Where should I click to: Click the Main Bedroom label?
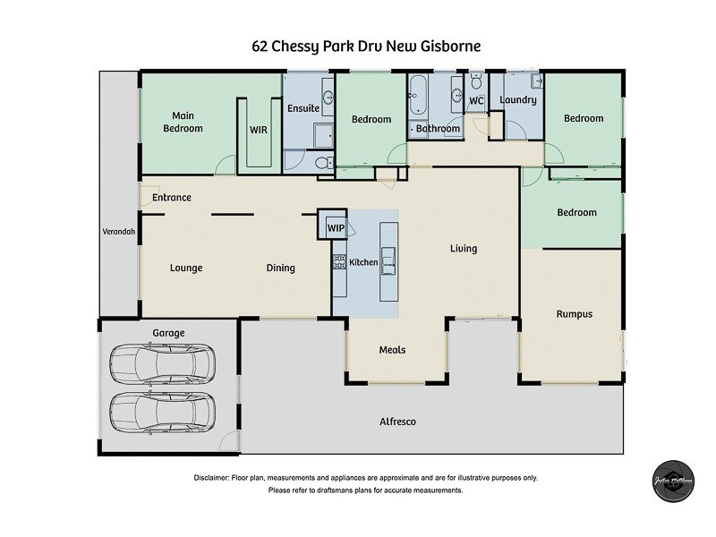tap(182, 122)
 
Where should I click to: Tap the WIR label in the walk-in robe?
tap(258, 130)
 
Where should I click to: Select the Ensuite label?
tap(303, 109)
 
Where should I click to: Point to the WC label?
tap(476, 101)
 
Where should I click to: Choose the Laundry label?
tap(517, 100)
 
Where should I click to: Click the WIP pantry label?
tap(336, 228)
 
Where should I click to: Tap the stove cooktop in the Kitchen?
tap(340, 262)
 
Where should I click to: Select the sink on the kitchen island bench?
tap(388, 261)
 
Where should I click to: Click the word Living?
tap(464, 249)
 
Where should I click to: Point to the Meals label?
tap(392, 350)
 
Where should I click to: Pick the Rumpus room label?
tap(574, 314)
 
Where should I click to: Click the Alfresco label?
tap(397, 422)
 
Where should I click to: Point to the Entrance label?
tap(171, 198)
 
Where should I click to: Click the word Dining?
tap(280, 268)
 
